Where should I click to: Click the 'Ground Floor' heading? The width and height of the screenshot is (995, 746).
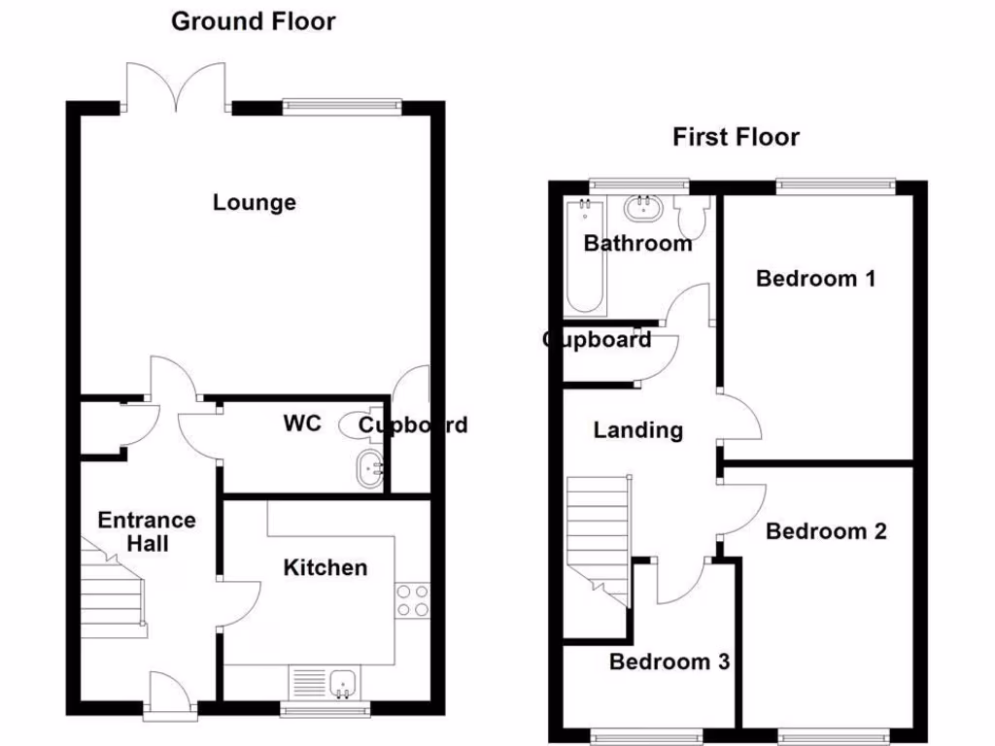253,21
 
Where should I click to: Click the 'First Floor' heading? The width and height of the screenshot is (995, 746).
736,137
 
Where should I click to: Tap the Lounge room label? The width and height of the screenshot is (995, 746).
255,202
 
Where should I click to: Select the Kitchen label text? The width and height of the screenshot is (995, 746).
326,567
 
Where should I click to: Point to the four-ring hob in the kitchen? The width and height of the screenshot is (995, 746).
413,599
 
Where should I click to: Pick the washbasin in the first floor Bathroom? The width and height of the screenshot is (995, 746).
642,208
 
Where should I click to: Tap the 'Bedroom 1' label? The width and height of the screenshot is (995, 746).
816,279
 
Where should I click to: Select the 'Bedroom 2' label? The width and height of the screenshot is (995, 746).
826,531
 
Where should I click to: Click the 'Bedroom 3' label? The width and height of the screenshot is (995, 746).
669,662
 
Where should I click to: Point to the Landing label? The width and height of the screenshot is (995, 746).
638,429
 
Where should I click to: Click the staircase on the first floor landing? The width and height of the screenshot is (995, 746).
596,544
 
